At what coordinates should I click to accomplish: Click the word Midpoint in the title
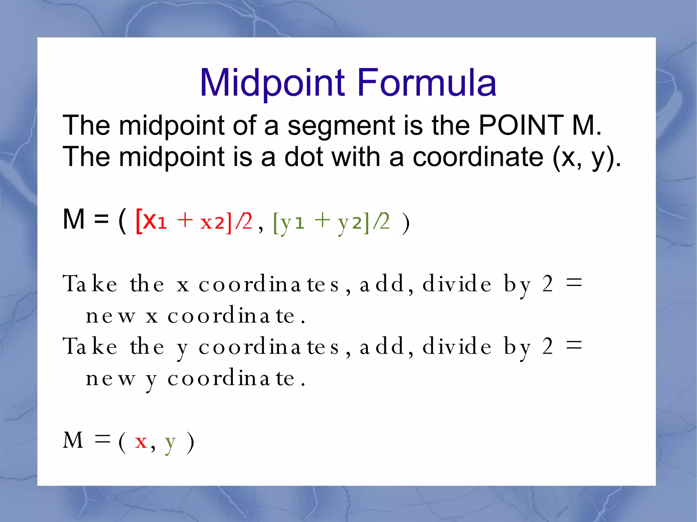273,83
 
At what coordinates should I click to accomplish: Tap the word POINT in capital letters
521,125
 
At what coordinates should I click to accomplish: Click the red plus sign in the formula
185,220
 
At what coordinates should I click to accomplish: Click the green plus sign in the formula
322,220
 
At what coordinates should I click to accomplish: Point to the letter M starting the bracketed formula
74,219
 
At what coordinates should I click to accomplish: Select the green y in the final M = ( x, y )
170,443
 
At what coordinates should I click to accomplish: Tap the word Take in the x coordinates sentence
90,284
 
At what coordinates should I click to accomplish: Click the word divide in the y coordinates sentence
457,347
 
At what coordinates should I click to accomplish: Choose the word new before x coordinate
110,316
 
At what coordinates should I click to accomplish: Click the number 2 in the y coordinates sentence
547,347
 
